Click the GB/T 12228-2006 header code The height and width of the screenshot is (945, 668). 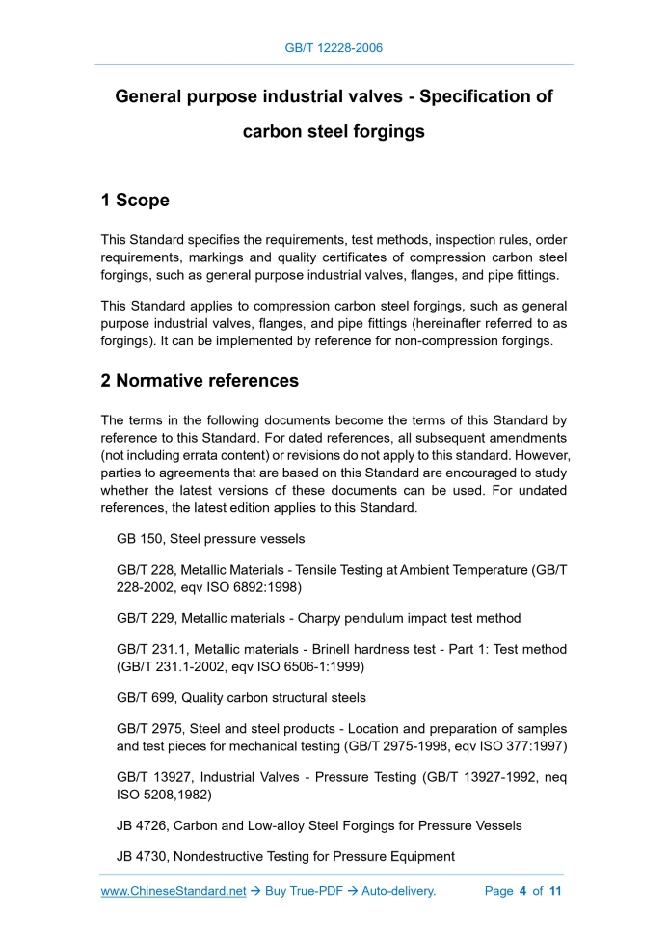[x=334, y=47]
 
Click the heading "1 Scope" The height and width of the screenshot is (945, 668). [x=135, y=201]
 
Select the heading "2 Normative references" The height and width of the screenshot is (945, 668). [x=200, y=381]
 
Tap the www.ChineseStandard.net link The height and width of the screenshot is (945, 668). [x=174, y=891]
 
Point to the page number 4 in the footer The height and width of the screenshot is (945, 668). [x=522, y=891]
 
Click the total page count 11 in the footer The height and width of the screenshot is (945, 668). [x=555, y=891]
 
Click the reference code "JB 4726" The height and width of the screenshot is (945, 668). [x=141, y=825]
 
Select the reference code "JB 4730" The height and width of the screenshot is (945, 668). [x=141, y=856]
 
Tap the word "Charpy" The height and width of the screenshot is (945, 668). [x=327, y=618]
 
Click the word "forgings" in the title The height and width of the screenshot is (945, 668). [x=386, y=131]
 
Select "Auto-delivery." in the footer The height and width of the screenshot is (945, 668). [x=399, y=891]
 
